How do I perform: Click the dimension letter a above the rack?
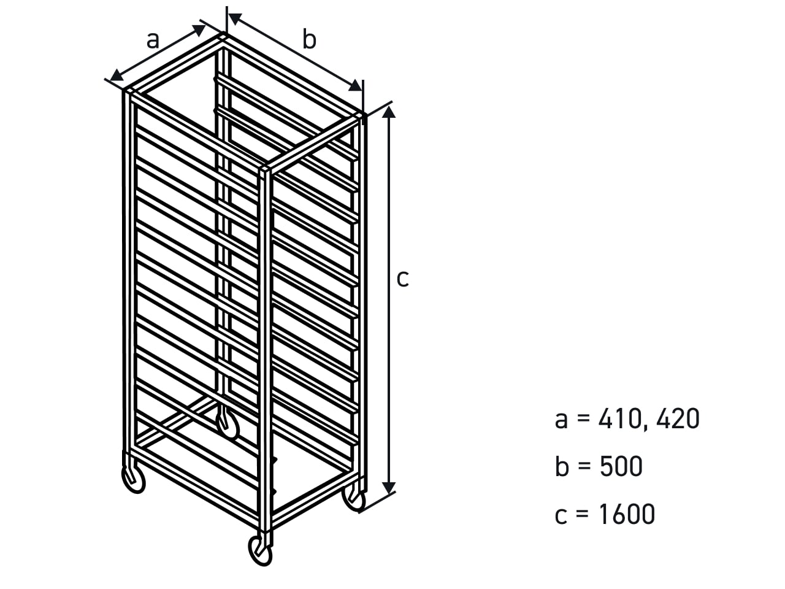(152, 40)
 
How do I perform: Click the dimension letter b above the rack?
(309, 39)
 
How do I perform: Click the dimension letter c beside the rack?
(403, 279)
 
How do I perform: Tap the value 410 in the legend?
(620, 418)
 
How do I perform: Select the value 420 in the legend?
(678, 418)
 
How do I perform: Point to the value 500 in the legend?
(621, 466)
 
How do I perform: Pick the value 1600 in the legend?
(627, 514)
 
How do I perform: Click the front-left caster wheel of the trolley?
(134, 479)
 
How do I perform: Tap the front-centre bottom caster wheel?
(260, 552)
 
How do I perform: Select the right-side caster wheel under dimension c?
(354, 498)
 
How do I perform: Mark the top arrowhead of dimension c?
(389, 112)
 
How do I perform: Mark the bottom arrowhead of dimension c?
(389, 488)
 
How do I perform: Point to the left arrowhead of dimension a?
(117, 76)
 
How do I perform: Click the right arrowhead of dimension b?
(355, 85)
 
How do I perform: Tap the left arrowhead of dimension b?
(235, 18)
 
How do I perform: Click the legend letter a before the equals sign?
(561, 420)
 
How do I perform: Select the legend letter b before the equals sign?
(562, 466)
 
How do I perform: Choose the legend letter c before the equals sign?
(561, 517)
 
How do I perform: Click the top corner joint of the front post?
(265, 169)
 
